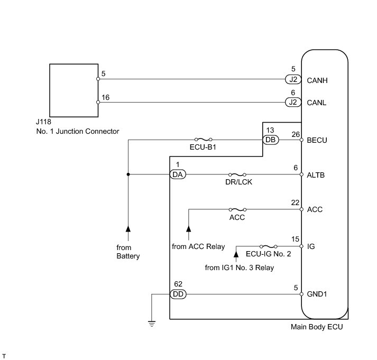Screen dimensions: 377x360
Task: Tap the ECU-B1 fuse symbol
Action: (203, 140)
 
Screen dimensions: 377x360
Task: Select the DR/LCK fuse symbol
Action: (237, 174)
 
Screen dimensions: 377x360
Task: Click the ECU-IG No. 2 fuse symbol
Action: (268, 246)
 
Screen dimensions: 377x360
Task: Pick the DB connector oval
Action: (271, 140)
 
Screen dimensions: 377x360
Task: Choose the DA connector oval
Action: (178, 174)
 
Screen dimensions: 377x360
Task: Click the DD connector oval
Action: (178, 294)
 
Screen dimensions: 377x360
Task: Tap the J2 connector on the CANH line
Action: (293, 79)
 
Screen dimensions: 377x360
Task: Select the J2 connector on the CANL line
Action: (293, 103)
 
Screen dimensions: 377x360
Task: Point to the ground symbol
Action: (152, 324)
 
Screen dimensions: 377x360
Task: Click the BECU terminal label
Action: (317, 140)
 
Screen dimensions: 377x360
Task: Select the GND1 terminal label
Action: (317, 294)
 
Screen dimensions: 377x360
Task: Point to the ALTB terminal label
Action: (316, 175)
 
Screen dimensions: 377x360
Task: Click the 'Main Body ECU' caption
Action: (317, 327)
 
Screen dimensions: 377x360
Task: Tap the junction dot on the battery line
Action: (128, 174)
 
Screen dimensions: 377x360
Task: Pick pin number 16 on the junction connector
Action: (105, 97)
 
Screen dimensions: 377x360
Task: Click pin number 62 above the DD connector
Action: (178, 284)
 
